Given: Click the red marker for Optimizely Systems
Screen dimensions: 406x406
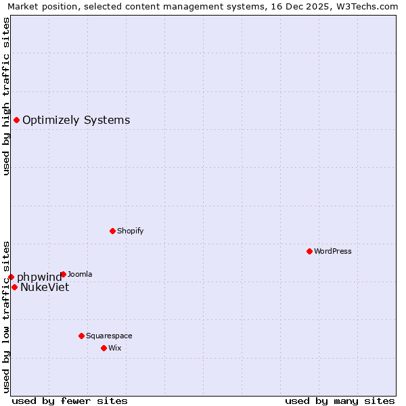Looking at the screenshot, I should (16, 120).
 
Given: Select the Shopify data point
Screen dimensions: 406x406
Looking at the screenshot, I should (112, 231).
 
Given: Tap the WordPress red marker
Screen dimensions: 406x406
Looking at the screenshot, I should (309, 251).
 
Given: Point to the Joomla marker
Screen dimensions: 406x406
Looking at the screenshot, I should (63, 274).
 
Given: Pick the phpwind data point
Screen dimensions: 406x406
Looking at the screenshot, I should (11, 277).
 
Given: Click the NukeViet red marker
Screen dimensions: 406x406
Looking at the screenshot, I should (14, 287).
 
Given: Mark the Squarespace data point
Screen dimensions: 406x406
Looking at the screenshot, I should (81, 336).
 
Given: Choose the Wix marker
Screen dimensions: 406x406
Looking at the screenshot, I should (104, 348).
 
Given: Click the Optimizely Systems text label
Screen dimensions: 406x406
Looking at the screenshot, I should (76, 120).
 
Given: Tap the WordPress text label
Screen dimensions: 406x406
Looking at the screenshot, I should (333, 251).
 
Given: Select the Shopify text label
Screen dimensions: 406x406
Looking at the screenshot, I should (131, 231).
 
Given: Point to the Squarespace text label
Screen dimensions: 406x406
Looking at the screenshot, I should (109, 336).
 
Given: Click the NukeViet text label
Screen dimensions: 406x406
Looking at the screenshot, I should (45, 287).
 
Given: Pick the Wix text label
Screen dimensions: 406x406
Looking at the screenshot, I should (114, 348).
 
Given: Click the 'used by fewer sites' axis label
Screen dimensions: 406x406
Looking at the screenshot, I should (70, 401).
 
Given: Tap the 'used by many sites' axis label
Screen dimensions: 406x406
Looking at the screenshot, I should (340, 401).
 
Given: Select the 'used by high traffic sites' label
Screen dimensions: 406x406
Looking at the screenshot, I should (6, 96).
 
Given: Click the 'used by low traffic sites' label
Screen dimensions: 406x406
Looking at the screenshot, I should (6, 316).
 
